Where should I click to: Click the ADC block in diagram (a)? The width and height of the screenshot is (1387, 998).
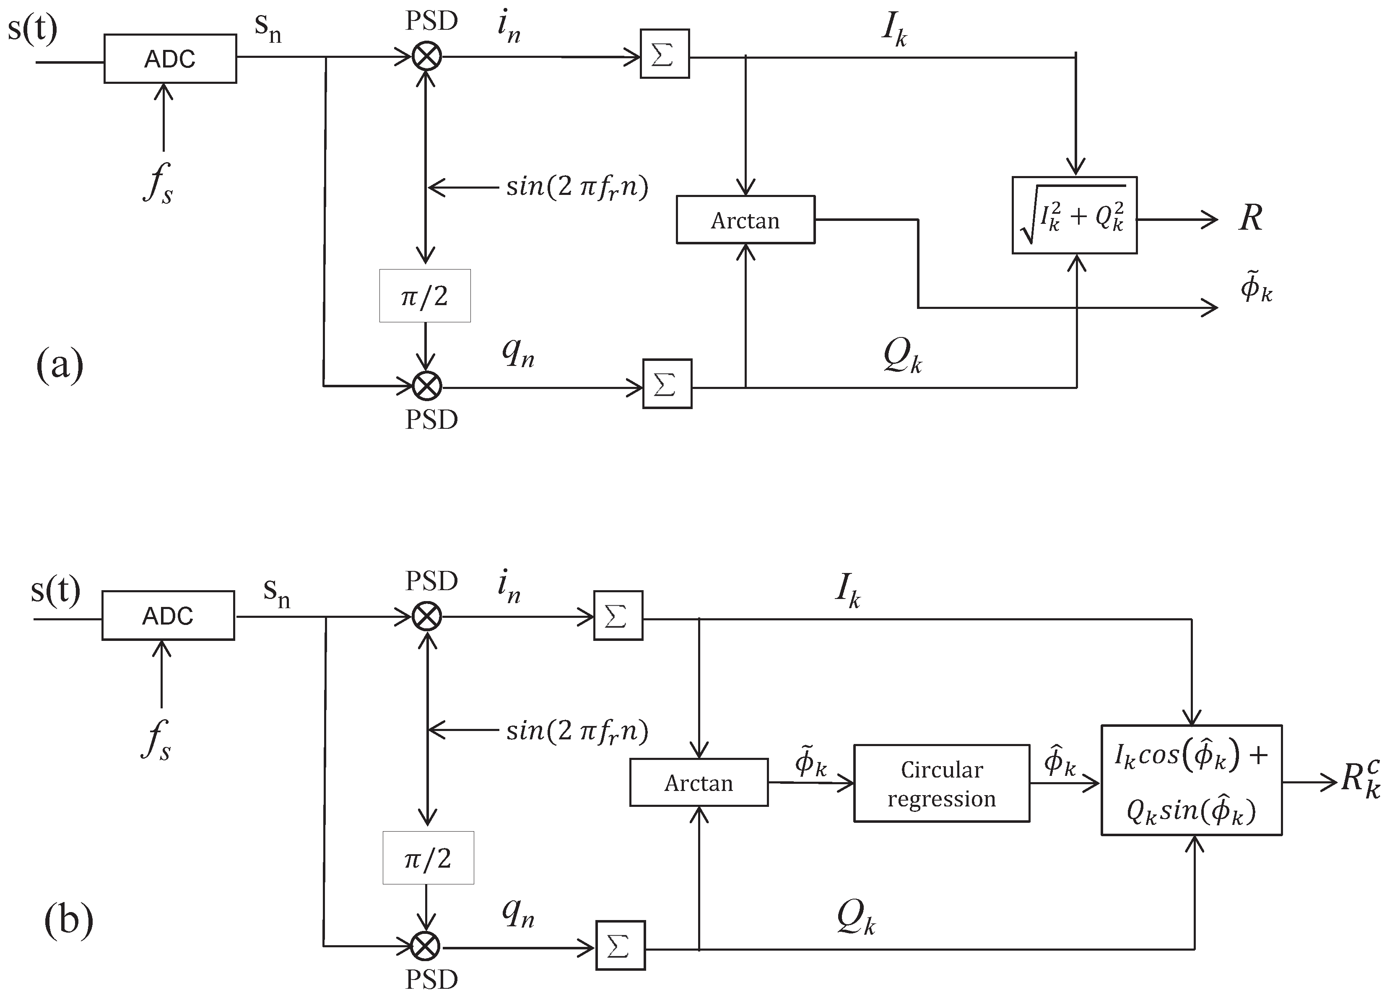coord(170,59)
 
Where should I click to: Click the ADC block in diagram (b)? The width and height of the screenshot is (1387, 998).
coord(168,615)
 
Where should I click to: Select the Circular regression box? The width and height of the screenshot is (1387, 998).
coord(941,783)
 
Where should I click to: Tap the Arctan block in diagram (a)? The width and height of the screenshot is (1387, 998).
coord(745,220)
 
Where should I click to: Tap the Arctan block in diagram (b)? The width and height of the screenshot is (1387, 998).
coord(699,783)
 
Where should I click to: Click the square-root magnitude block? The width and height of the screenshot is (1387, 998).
coord(1075,215)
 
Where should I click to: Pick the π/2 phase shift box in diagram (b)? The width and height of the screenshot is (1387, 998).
coord(428,858)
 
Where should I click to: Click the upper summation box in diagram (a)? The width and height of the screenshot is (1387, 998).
coord(664,54)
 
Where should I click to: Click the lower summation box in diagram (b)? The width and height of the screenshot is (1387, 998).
coord(620,946)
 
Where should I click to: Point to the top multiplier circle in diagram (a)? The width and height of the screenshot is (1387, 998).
coord(426,57)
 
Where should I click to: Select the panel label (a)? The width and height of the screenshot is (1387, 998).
coord(59,366)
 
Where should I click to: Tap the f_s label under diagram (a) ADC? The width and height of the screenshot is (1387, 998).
coord(158,182)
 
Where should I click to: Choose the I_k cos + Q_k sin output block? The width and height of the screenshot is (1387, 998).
coord(1191,780)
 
